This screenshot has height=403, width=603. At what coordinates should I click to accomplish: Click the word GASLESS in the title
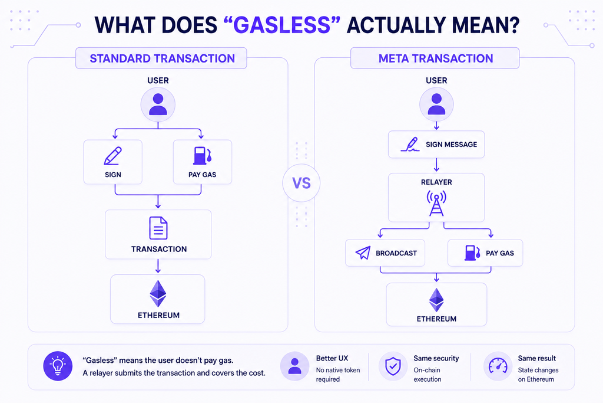(282, 25)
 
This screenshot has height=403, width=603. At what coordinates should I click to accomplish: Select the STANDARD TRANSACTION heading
(162, 58)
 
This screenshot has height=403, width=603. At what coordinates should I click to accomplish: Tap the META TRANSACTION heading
(435, 58)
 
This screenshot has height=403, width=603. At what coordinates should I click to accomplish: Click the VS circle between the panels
(301, 183)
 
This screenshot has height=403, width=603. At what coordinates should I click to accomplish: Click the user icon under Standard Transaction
(158, 104)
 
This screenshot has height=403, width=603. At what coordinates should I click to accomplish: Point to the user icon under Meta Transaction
(436, 104)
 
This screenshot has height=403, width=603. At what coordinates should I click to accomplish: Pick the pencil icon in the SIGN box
(112, 156)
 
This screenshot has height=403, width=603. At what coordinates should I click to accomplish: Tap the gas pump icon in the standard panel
(203, 156)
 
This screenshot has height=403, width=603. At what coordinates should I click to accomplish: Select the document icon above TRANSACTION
(158, 228)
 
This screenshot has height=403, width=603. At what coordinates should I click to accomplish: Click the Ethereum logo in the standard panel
(158, 294)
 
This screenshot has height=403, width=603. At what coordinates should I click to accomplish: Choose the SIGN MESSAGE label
(451, 145)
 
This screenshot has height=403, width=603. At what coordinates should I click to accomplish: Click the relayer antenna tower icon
(436, 203)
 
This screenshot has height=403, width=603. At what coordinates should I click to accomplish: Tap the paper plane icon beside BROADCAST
(363, 253)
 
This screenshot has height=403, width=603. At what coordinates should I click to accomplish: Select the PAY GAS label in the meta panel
(499, 253)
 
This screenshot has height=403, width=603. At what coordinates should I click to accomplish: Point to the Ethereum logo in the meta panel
(436, 300)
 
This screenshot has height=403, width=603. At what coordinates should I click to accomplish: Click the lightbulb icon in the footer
(58, 366)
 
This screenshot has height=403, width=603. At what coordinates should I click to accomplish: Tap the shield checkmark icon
(393, 366)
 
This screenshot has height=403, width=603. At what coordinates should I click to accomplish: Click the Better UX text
(332, 358)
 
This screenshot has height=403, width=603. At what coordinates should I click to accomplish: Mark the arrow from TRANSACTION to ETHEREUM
(158, 266)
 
